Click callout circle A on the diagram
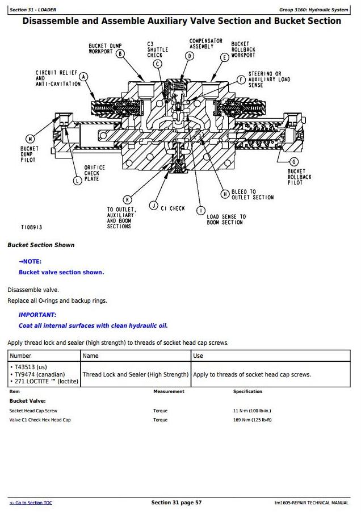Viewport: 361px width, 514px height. (x=83, y=77)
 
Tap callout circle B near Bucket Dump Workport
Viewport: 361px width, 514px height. (x=120, y=55)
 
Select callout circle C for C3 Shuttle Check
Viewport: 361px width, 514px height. (x=157, y=64)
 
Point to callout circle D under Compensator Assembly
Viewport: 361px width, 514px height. (x=189, y=56)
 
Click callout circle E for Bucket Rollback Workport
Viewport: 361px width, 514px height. (x=225, y=57)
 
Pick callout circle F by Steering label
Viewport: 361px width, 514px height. (x=242, y=80)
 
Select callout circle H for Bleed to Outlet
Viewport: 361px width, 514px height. (x=225, y=194)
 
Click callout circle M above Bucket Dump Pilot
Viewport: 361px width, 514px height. (x=31, y=139)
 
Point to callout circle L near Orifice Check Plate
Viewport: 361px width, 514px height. (x=78, y=181)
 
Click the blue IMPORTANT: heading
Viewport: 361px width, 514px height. (x=37, y=315)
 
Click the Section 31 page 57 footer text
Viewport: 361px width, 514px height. (x=176, y=503)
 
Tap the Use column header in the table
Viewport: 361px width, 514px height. (x=198, y=356)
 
